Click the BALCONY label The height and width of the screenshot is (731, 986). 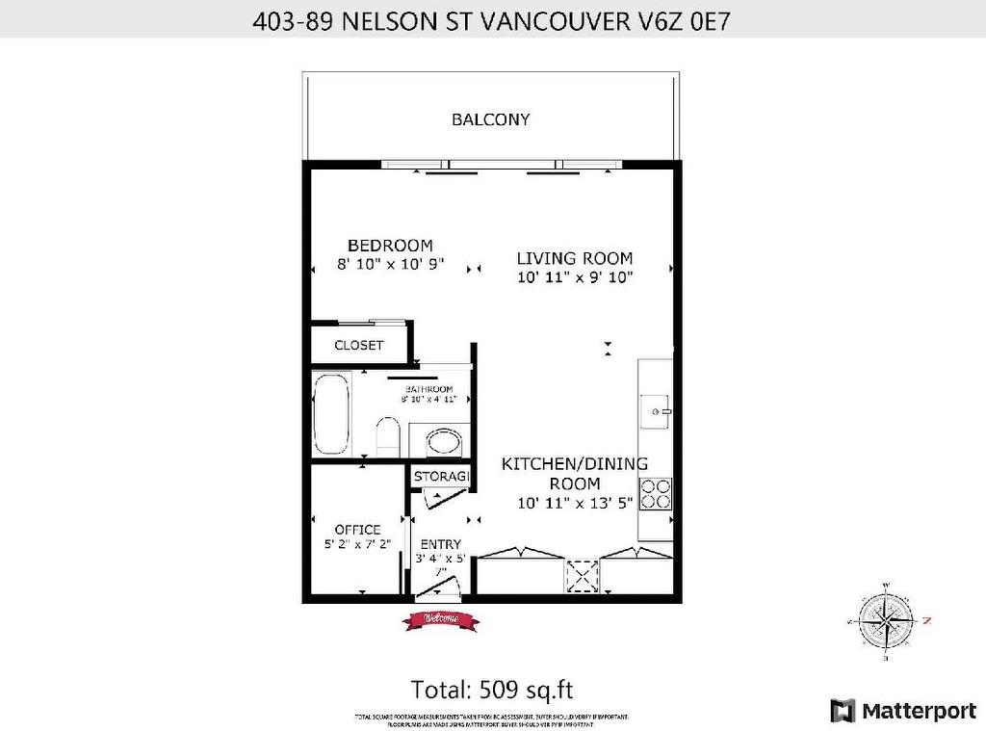pyautogui.click(x=491, y=120)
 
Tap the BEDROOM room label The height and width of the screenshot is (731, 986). pyautogui.click(x=390, y=246)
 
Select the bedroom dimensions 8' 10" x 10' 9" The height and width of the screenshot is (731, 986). pyautogui.click(x=390, y=264)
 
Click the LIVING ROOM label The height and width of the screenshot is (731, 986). pyautogui.click(x=575, y=258)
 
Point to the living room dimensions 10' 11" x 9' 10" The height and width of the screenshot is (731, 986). pyautogui.click(x=575, y=277)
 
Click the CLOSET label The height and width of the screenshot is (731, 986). pyautogui.click(x=358, y=345)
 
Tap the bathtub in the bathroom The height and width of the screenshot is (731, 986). pyautogui.click(x=333, y=414)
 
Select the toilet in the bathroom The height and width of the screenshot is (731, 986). pyautogui.click(x=388, y=436)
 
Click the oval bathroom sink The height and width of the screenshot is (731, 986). pyautogui.click(x=444, y=444)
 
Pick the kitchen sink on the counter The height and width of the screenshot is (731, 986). pyautogui.click(x=658, y=411)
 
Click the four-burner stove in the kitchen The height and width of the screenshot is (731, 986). pyautogui.click(x=657, y=494)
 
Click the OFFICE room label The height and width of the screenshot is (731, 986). pyautogui.click(x=357, y=530)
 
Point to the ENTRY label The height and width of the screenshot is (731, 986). pyautogui.click(x=440, y=544)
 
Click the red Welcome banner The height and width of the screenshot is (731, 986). pyautogui.click(x=440, y=621)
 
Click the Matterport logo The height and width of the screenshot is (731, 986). pyautogui.click(x=903, y=711)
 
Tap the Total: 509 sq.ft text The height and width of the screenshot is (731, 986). pyautogui.click(x=492, y=690)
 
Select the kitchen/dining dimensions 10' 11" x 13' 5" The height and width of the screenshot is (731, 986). pyautogui.click(x=575, y=503)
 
